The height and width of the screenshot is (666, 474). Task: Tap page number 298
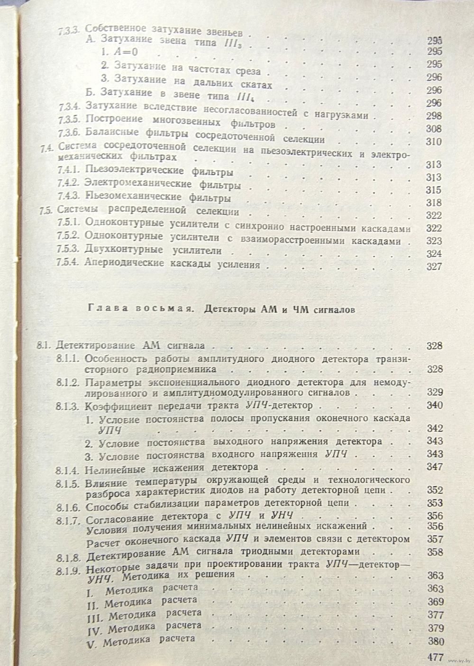coord(434,116)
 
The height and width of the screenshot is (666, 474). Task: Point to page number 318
coord(434,203)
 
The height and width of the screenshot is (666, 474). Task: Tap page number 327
coord(434,266)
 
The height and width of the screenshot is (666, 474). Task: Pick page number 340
coord(434,405)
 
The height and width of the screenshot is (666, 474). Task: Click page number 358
coord(434,552)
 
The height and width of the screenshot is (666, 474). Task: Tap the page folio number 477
coord(434,657)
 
